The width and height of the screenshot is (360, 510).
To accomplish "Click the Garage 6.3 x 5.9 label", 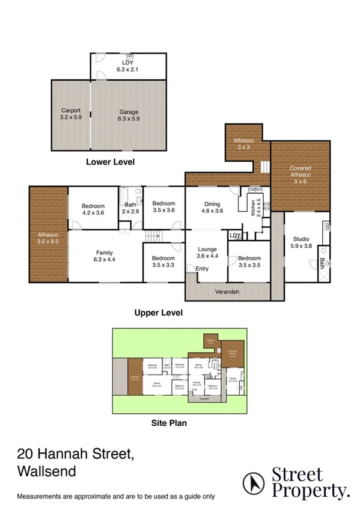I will [x=129, y=115].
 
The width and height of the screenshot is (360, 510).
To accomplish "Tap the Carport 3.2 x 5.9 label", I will [x=71, y=114].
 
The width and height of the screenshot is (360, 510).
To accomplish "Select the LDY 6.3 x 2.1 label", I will [x=127, y=66].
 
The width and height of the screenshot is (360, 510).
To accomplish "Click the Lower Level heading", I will [x=110, y=161].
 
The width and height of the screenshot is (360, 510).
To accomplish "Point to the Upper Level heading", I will [x=158, y=313].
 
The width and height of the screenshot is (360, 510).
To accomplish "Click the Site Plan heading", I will [x=168, y=423].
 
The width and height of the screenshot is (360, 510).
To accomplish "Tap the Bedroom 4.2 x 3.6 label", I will [x=93, y=209].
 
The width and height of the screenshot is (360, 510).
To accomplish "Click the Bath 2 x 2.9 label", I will [x=130, y=209].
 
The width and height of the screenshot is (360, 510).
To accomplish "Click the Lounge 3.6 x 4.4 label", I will [x=208, y=253].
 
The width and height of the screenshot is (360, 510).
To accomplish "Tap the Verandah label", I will [x=228, y=292].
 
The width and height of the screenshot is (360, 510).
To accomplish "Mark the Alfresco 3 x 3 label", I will [x=243, y=143].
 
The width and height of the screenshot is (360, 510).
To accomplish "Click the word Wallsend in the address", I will [x=47, y=471].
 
